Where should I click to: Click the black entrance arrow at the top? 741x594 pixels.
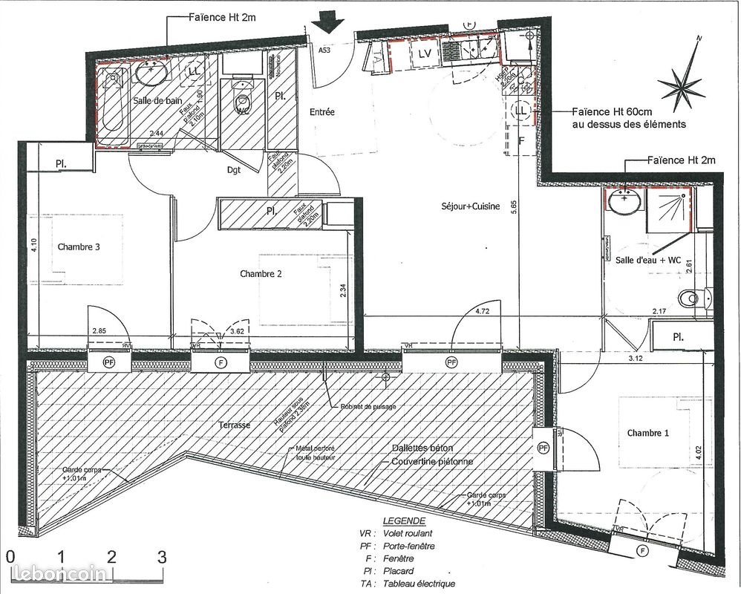click(x=327, y=23)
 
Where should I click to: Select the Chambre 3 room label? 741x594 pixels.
click(x=78, y=247)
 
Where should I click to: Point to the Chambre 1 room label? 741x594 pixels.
click(x=647, y=433)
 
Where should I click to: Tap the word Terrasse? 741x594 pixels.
click(x=235, y=425)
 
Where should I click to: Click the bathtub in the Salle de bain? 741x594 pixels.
click(x=114, y=107)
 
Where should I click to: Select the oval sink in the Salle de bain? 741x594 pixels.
click(x=151, y=74)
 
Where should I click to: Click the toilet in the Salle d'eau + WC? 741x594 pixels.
click(x=691, y=298)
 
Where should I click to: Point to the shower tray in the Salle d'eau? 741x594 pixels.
click(x=668, y=207)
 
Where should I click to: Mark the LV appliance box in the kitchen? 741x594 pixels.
click(x=425, y=53)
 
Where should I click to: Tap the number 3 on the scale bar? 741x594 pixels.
click(x=161, y=555)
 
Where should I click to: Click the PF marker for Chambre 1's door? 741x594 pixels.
click(x=543, y=448)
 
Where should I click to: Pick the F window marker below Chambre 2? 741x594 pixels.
click(x=220, y=362)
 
